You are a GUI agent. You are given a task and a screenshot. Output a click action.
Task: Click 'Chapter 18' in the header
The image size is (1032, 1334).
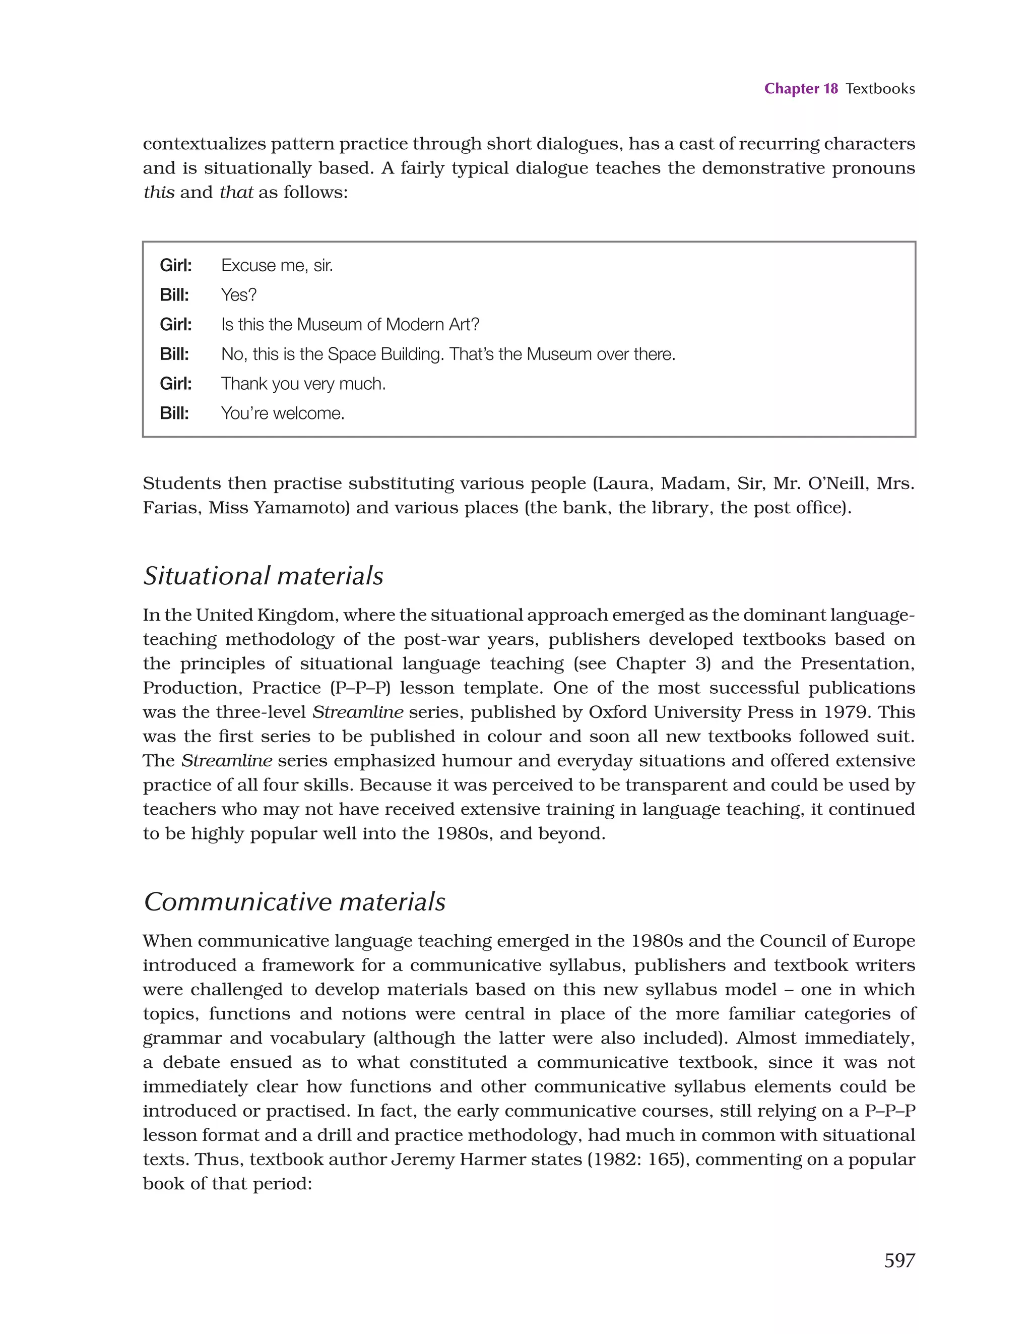pos(801,89)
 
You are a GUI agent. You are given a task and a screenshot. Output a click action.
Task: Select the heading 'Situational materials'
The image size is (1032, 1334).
pos(263,576)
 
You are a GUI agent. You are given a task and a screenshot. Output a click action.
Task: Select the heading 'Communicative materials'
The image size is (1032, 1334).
pos(294,902)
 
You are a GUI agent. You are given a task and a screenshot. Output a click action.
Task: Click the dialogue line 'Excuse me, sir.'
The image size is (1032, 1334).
pos(277,266)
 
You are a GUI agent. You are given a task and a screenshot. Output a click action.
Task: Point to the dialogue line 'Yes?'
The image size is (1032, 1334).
pos(239,295)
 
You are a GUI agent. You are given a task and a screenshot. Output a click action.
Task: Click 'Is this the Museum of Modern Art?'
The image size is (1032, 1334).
pos(350,324)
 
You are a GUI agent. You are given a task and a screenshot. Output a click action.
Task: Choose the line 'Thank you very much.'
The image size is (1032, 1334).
pos(303,384)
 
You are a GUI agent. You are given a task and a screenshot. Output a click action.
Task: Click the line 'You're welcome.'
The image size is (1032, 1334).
pos(283,413)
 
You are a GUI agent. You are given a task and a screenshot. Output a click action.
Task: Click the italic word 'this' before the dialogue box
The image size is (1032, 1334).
pos(159,193)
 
